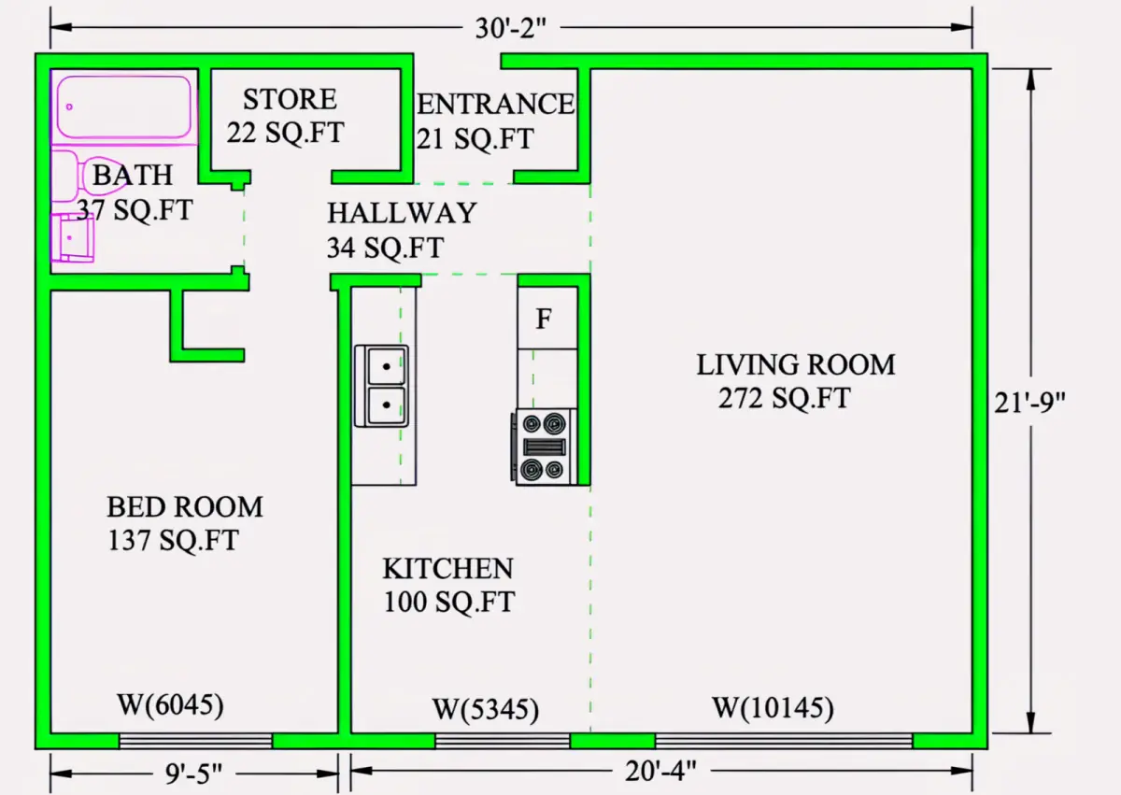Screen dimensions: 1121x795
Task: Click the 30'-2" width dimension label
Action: [510, 28]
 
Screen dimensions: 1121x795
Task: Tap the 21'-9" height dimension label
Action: [1029, 403]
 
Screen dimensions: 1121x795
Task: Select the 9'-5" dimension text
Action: [193, 773]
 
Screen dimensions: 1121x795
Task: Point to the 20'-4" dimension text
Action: [660, 771]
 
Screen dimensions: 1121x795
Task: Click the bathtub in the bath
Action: [123, 106]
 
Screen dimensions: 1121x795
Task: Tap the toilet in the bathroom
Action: [89, 177]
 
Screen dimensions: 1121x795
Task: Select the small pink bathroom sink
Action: [73, 237]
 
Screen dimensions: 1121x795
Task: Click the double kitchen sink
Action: [381, 386]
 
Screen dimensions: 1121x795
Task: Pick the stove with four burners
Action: [544, 447]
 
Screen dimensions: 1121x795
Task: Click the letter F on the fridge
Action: [544, 319]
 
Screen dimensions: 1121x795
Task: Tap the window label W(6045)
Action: [170, 705]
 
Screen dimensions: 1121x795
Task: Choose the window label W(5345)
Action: [486, 709]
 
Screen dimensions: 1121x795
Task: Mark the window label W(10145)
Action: [773, 708]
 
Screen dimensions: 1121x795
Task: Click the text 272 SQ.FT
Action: [784, 399]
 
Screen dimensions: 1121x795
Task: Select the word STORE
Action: [290, 99]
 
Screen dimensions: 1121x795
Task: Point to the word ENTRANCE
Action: [495, 104]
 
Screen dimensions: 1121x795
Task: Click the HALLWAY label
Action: [402, 213]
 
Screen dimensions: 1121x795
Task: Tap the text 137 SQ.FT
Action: [173, 540]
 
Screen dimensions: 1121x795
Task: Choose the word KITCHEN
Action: [447, 568]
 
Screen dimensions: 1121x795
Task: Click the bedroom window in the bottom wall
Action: [195, 741]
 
